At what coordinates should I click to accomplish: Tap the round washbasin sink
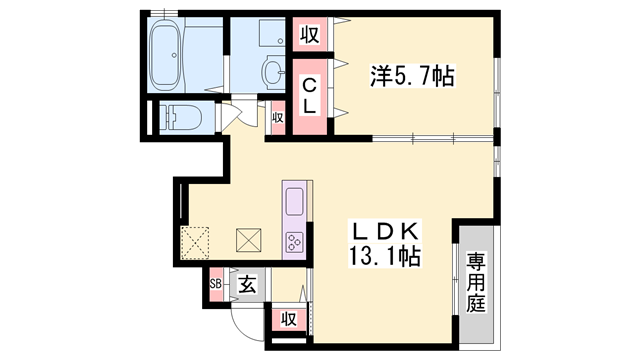pos(272,73)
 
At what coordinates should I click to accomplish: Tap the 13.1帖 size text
pos(384,256)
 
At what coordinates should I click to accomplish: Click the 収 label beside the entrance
pos(287,319)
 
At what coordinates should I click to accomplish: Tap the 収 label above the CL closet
pos(310,35)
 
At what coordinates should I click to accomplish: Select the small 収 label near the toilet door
pos(278,118)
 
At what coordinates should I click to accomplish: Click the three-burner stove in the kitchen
pos(296,241)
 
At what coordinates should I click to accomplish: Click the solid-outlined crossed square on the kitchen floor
pos(248,241)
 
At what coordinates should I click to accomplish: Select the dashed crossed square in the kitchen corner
pos(194,241)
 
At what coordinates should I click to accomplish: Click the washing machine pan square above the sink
pos(260,36)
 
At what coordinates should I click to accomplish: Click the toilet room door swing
pos(233,113)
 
